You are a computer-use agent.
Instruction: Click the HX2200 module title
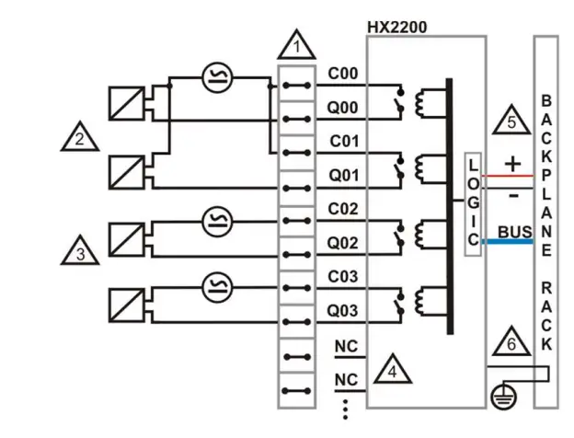pos(396,27)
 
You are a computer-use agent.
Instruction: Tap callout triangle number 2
pos(80,139)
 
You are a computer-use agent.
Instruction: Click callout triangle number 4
pos(391,370)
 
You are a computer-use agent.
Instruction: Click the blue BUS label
pos(516,232)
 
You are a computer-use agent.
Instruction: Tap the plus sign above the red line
pos(513,163)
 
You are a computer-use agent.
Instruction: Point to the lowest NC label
pos(346,379)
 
